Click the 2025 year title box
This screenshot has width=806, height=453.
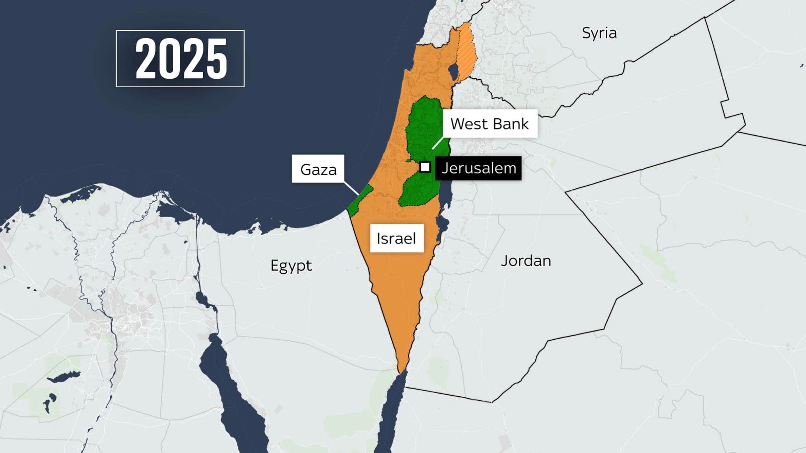tap(180, 59)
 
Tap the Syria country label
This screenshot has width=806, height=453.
tap(599, 33)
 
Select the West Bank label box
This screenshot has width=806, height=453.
tap(489, 124)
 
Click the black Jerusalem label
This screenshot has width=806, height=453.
tap(478, 168)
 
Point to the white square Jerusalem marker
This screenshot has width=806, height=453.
tap(425, 167)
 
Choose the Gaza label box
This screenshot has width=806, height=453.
tap(318, 169)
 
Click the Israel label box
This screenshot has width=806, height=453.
tap(396, 238)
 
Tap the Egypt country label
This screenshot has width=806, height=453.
tap(291, 266)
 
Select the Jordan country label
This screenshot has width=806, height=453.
tap(525, 261)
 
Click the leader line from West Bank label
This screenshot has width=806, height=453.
tap(438, 143)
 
